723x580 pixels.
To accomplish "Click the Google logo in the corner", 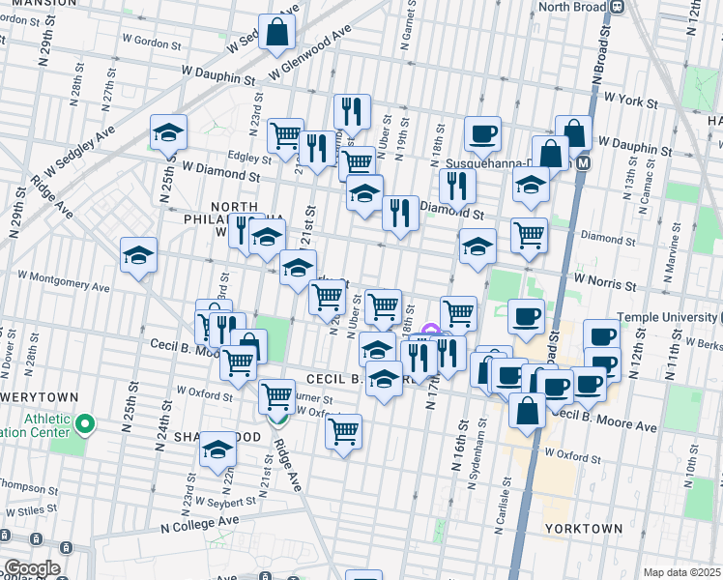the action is pos(31,568).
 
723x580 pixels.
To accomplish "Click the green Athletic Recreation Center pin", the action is pos(85,423).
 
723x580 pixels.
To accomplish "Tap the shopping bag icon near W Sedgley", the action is pos(277,32).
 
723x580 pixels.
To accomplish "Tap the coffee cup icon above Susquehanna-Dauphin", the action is pos(482,133).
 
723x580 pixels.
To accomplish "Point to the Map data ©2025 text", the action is pos(680,572).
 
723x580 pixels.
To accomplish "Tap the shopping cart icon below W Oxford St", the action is pos(343,431).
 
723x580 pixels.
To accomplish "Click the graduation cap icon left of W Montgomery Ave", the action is pos(138,256).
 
